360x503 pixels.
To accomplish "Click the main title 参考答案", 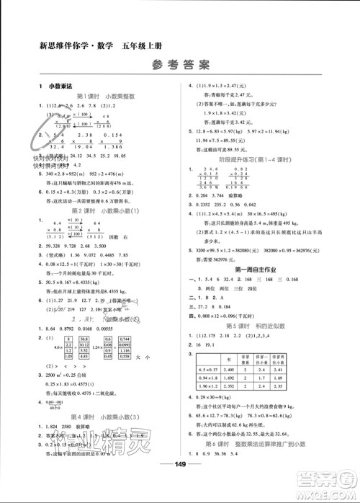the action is tap(180, 63).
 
